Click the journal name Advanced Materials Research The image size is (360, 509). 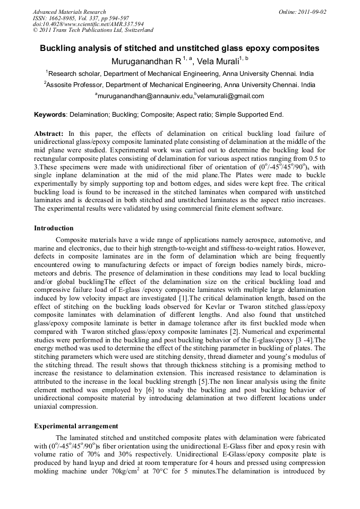(x=69, y=12)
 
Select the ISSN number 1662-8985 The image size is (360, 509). (x=64, y=18)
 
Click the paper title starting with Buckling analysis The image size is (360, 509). (x=180, y=48)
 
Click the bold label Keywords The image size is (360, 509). (x=50, y=115)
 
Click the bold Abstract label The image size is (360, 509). (x=49, y=134)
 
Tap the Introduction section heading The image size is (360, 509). (x=54, y=228)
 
